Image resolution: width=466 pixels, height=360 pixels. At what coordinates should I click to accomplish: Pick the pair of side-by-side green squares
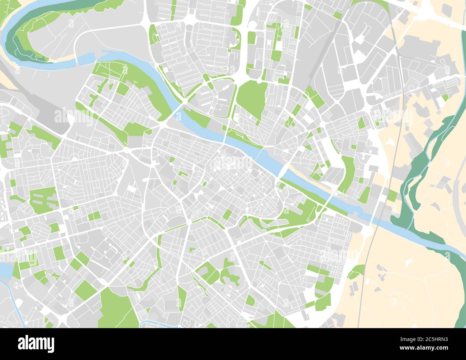click(x=94, y=216)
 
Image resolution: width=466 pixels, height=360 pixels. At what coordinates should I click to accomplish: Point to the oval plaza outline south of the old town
click(x=194, y=215)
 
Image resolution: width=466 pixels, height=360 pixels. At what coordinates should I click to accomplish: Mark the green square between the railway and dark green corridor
click(x=393, y=195)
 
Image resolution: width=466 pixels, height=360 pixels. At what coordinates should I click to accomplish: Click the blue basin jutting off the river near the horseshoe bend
click(x=90, y=57)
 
